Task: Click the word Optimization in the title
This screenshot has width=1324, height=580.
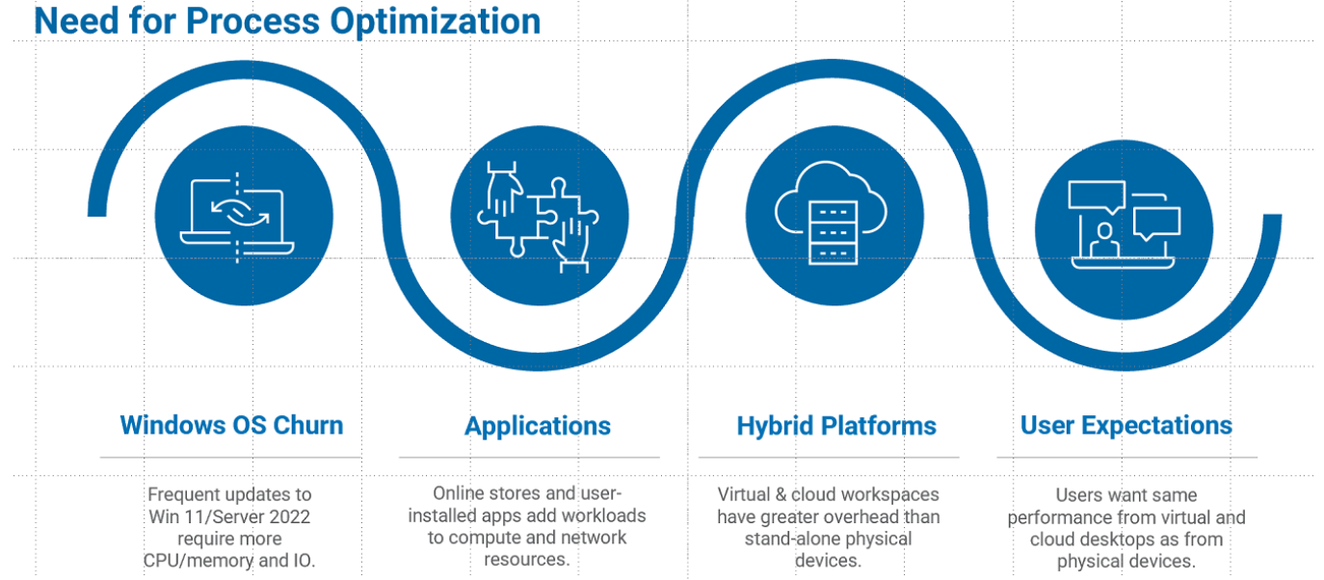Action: (x=435, y=22)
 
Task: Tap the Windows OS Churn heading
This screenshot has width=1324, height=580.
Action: (x=231, y=425)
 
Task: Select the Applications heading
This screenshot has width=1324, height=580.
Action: (x=538, y=426)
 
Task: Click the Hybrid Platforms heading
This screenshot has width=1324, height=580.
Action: (x=836, y=426)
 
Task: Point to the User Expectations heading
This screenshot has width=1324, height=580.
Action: (x=1126, y=426)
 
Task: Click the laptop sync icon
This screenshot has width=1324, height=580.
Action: (x=237, y=218)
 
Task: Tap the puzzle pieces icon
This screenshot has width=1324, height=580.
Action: (x=538, y=218)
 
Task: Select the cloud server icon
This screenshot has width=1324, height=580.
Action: (x=831, y=213)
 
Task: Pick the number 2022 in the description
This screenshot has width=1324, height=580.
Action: (x=289, y=516)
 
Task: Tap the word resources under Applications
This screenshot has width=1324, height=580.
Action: (x=527, y=560)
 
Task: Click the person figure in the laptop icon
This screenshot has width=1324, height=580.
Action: (x=1104, y=240)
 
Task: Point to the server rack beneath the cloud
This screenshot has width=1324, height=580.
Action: (x=833, y=233)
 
